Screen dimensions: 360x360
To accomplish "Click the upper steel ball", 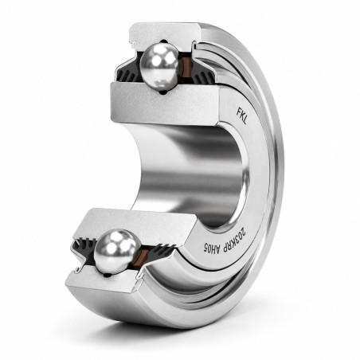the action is point(159,67).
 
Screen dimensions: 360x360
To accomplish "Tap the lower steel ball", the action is point(117,252).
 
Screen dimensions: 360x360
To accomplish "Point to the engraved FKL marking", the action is point(241,115).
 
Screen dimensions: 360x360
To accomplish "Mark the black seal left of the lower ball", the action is point(84,249).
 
